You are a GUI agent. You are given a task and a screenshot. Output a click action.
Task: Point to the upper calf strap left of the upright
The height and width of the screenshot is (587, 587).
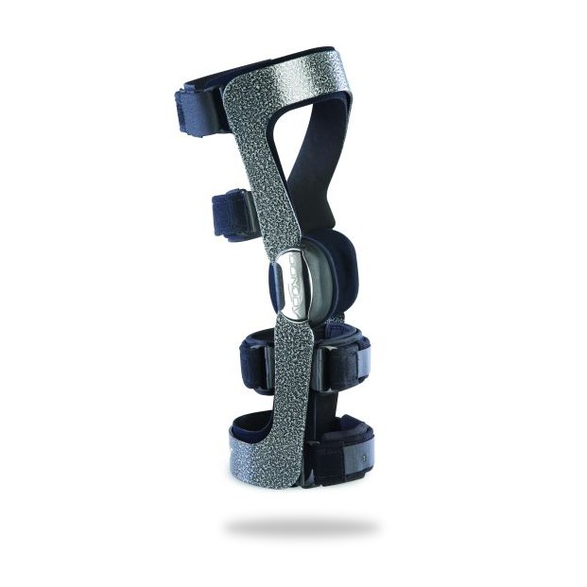pyautogui.click(x=255, y=359)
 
